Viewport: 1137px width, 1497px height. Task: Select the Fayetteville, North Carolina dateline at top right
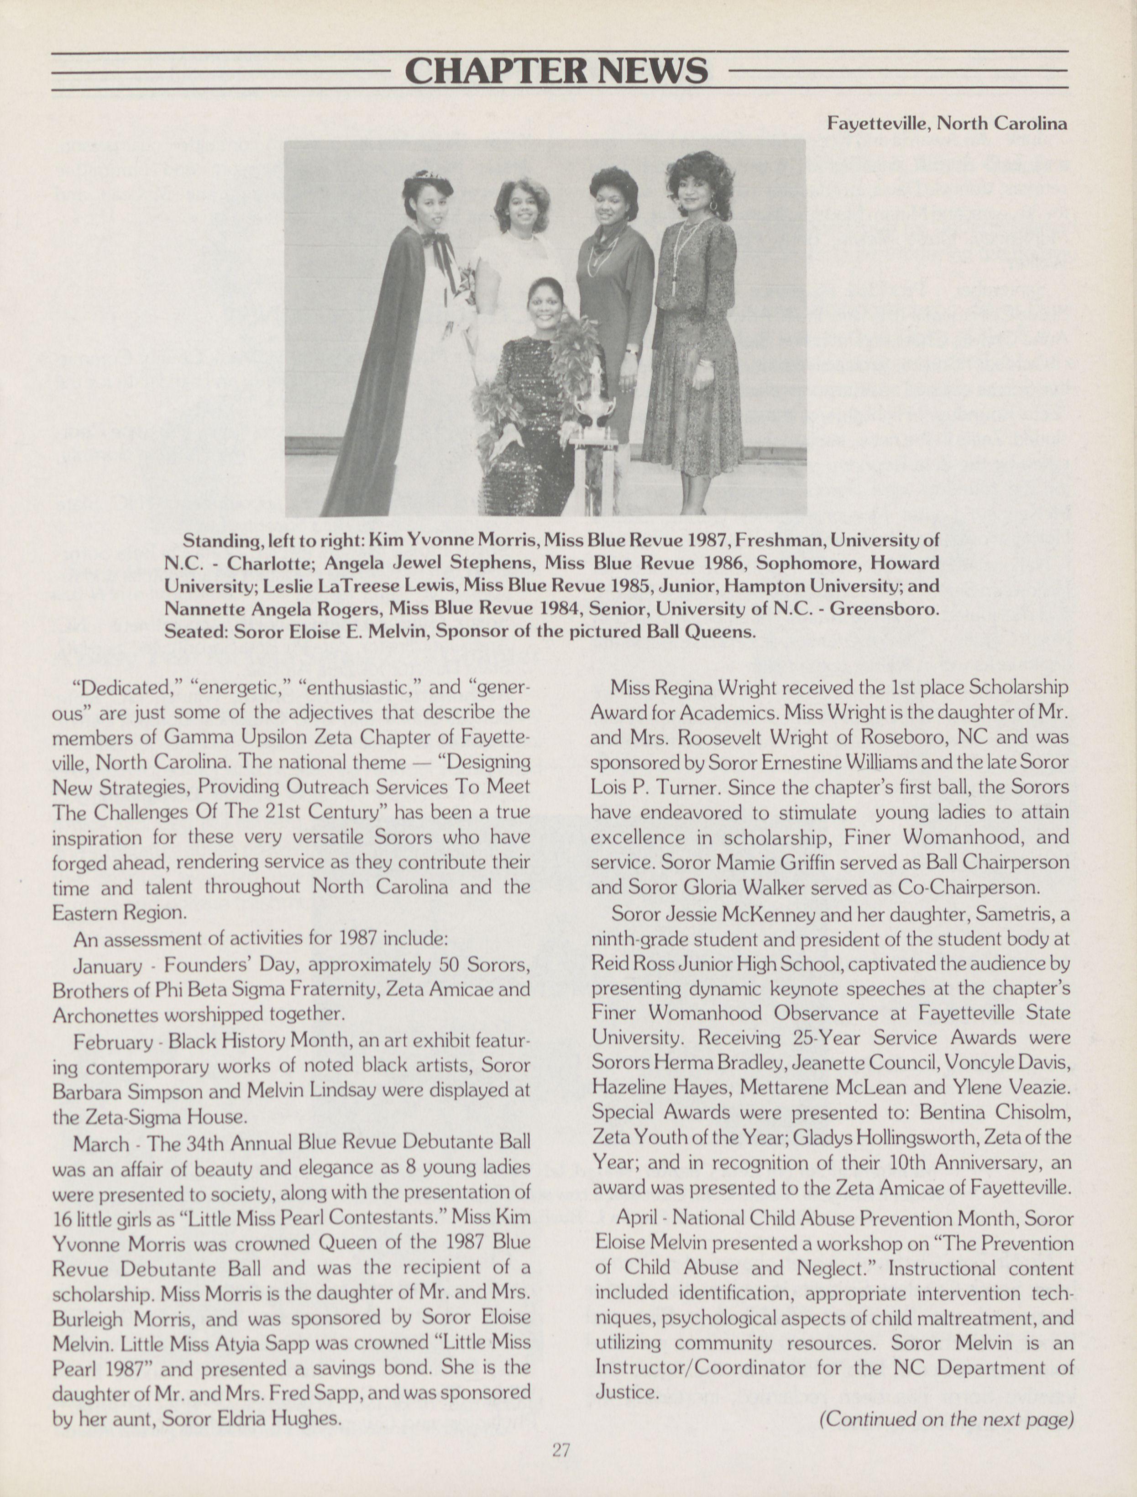[x=946, y=123]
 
